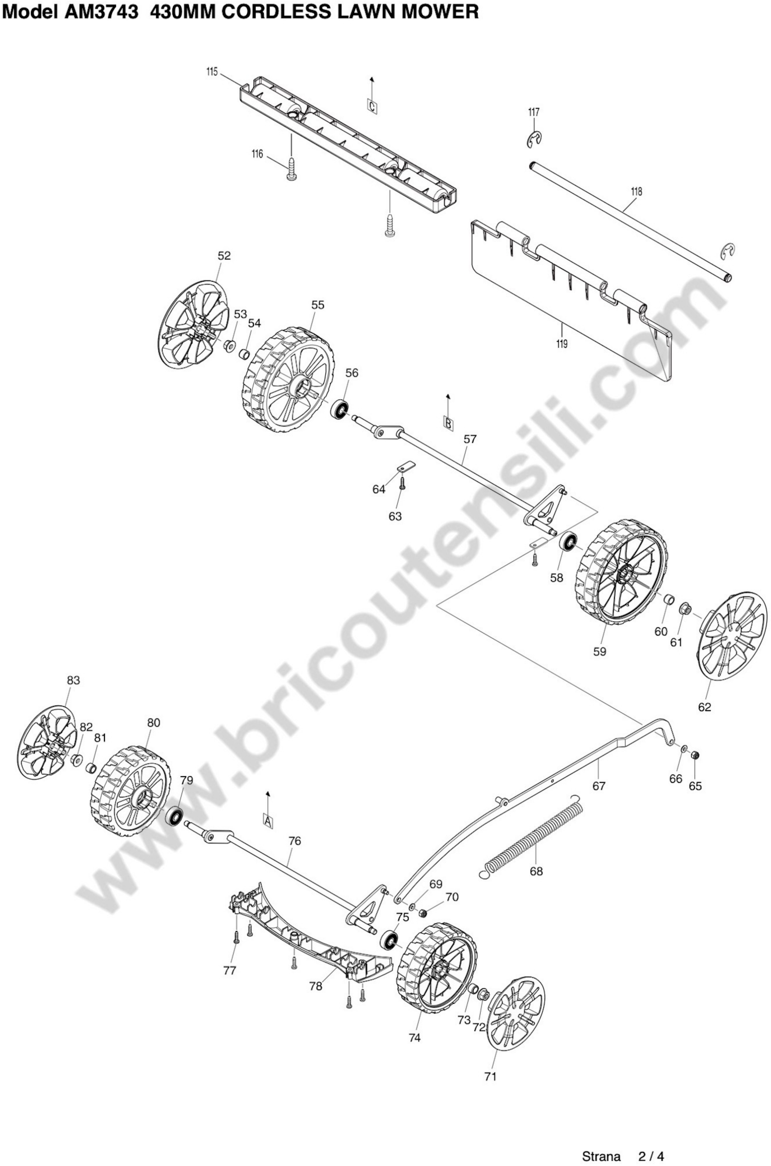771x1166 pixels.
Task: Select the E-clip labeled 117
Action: [534, 140]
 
